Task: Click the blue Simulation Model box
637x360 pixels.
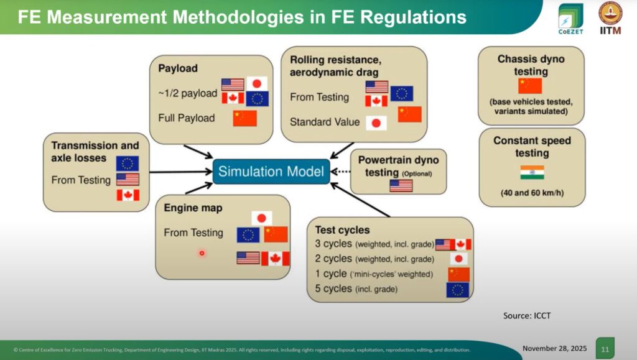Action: pyautogui.click(x=271, y=171)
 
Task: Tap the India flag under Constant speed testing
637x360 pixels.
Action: pyautogui.click(x=532, y=172)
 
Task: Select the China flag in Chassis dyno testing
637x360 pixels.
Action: pyautogui.click(x=530, y=86)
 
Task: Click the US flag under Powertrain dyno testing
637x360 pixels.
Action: pyautogui.click(x=401, y=185)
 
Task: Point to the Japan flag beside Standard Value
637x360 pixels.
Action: pyautogui.click(x=376, y=123)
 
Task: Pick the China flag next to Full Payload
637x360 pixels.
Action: pyautogui.click(x=244, y=118)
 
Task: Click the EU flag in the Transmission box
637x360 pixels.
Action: pyautogui.click(x=127, y=163)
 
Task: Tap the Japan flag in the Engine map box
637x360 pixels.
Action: pyautogui.click(x=262, y=218)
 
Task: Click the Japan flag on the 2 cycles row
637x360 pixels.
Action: pyautogui.click(x=458, y=259)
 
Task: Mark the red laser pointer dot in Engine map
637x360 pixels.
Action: pyautogui.click(x=202, y=253)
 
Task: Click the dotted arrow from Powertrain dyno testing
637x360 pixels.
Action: pyautogui.click(x=340, y=172)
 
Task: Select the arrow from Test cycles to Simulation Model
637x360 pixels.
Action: pyautogui.click(x=360, y=200)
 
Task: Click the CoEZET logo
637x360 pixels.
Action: pyautogui.click(x=570, y=19)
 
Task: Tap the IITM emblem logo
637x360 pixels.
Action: pyautogui.click(x=610, y=18)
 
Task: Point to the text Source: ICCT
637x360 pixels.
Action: pyautogui.click(x=527, y=316)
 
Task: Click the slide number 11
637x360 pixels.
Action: pyautogui.click(x=605, y=349)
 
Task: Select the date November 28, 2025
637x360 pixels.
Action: pyautogui.click(x=554, y=348)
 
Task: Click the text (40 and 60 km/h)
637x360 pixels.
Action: pyautogui.click(x=532, y=193)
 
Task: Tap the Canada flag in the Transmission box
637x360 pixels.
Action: pyautogui.click(x=128, y=195)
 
